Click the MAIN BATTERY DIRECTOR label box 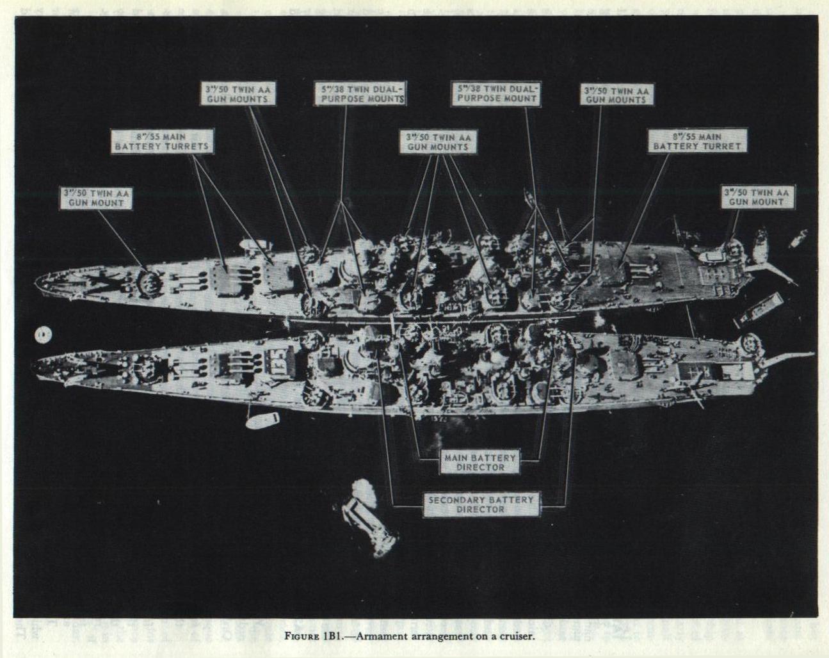480,462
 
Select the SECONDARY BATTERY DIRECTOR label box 481,504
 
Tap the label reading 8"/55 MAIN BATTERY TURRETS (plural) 162,141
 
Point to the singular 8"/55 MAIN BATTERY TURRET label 696,141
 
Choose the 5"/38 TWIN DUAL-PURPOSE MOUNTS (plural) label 360,94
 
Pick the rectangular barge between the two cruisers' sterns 759,309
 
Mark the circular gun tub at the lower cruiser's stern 750,344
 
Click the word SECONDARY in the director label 457,499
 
